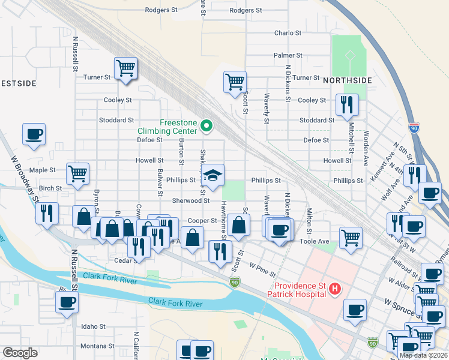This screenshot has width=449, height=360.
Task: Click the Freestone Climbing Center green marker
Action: [x=206, y=126]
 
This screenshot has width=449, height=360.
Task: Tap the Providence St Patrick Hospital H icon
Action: [x=335, y=289]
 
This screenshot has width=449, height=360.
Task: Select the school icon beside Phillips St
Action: [x=213, y=176]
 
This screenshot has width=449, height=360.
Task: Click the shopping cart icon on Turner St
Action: [x=125, y=68]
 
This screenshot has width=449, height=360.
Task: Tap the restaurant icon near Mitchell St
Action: [x=348, y=105]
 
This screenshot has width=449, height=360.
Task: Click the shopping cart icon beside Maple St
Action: [x=78, y=174]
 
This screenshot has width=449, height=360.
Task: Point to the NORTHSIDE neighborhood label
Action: [x=348, y=80]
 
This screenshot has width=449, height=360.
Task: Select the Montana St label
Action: [x=93, y=346]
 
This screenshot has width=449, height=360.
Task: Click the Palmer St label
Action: [x=288, y=55]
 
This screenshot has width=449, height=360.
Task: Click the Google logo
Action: [x=20, y=353]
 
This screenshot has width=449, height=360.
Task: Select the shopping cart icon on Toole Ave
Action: [x=351, y=237]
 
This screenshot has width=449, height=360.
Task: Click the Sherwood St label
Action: [x=191, y=201]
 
